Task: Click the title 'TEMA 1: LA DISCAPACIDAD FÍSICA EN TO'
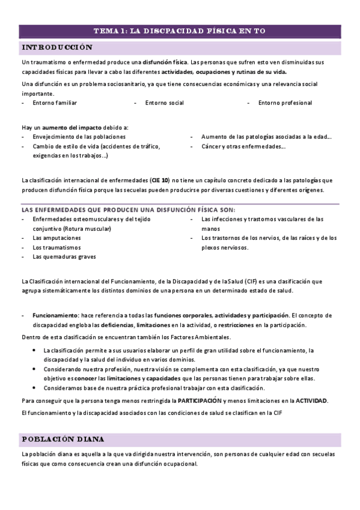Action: [x=180, y=31]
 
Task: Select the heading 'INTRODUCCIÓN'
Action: [x=57, y=48]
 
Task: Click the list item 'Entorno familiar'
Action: [x=55, y=103]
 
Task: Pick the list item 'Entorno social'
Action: [x=164, y=103]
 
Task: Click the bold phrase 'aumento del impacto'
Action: [x=75, y=127]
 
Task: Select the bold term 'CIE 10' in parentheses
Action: [x=160, y=180]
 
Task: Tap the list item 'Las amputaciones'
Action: [x=56, y=238]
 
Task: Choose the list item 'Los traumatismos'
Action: [x=55, y=247]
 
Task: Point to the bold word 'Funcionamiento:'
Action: [x=56, y=315]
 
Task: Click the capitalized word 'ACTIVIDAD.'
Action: [x=311, y=400]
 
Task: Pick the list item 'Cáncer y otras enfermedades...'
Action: [x=243, y=146]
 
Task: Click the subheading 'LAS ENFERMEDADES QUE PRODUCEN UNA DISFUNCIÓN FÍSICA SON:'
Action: [x=129, y=210]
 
